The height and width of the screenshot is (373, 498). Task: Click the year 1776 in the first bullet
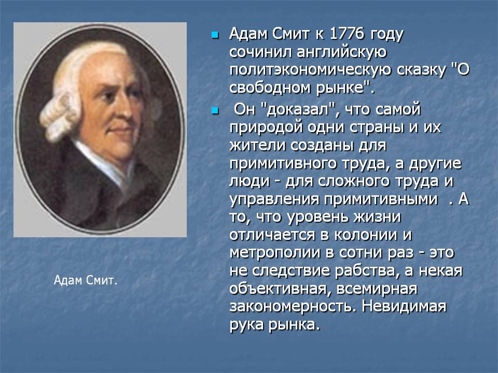tap(347, 34)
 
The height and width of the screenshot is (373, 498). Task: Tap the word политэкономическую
tap(310, 70)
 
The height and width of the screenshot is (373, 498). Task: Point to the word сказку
tap(421, 70)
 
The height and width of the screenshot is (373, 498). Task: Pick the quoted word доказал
tap(301, 109)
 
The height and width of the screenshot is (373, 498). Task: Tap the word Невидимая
tap(404, 307)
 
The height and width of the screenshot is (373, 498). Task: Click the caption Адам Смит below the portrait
tap(86, 280)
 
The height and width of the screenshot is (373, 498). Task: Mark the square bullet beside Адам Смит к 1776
tap(215, 35)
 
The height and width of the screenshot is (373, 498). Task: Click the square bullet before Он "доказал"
tap(215, 111)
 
